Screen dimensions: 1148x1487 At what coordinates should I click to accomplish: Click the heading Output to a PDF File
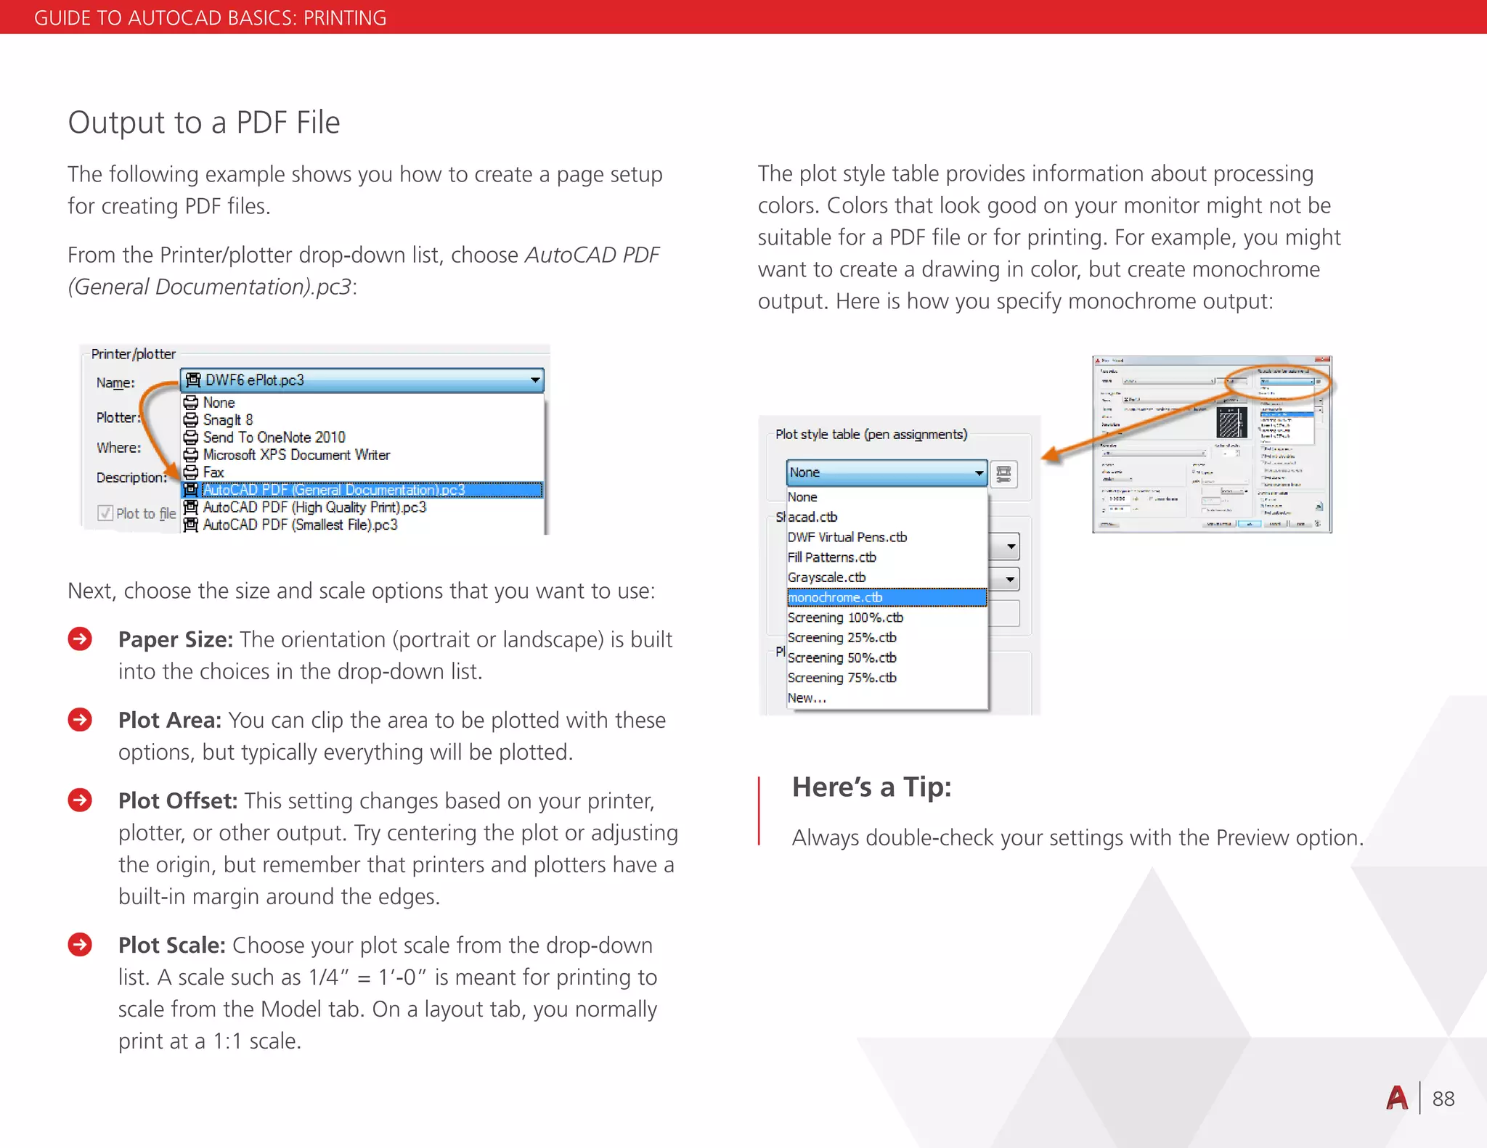click(203, 123)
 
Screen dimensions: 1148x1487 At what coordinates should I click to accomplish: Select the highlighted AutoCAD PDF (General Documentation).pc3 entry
click(334, 490)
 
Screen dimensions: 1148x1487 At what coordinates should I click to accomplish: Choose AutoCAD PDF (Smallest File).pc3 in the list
click(300, 525)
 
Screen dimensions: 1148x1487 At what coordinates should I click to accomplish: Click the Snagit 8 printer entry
click(228, 420)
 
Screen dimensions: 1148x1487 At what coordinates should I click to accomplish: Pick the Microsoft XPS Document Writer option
click(296, 455)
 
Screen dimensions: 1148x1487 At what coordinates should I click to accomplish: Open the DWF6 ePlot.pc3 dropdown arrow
click(535, 380)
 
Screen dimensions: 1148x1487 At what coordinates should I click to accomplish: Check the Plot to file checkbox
click(105, 513)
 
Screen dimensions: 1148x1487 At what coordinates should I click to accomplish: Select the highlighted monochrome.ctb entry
click(835, 597)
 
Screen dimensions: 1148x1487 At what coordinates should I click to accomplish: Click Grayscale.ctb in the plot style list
click(826, 578)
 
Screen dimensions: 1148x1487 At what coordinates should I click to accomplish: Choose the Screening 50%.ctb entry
click(842, 657)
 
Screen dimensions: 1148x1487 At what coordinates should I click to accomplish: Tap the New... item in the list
click(807, 698)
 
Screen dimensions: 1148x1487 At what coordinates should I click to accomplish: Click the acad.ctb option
click(812, 517)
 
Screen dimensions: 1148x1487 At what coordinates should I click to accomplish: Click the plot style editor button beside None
click(1003, 474)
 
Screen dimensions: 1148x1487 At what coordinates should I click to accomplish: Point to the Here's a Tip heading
click(871, 787)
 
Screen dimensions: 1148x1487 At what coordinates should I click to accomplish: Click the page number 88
click(1443, 1099)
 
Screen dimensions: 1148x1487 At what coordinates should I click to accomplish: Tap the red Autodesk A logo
click(1396, 1098)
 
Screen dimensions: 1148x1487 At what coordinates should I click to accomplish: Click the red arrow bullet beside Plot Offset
click(80, 800)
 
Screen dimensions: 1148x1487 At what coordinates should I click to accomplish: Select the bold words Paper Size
click(175, 639)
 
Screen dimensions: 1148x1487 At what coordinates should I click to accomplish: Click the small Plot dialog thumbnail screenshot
click(1211, 444)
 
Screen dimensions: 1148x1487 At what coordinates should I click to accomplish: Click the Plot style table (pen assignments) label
click(871, 435)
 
